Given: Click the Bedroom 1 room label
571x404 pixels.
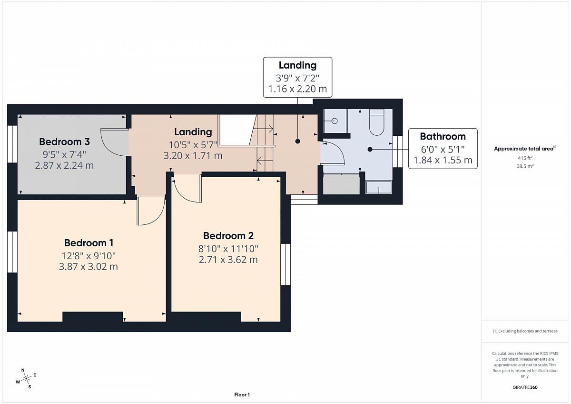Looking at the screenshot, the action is pos(89,242).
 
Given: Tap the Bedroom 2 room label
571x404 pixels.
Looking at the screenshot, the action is pos(228,235).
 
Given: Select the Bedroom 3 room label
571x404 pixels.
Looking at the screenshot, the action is pos(64,141).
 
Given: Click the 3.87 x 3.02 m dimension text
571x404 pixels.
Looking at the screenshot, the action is pos(89,267).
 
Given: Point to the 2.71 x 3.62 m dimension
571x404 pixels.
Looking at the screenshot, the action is pos(228,260).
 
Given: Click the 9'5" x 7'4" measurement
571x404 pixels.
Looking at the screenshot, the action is pos(64,154).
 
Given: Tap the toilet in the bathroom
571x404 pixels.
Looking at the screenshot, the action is pos(377,122).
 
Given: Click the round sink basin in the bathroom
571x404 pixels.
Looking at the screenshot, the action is pos(335,121).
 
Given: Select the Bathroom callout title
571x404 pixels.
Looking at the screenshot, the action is pos(443,137).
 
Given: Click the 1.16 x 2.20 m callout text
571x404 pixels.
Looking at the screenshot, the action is pos(297,89).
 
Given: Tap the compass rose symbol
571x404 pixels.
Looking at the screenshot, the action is pos(26,378).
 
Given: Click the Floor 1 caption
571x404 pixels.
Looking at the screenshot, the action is pos(242,394).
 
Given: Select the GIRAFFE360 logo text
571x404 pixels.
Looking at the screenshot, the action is pos(525,387).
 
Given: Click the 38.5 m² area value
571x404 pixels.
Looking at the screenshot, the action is pos(525,166).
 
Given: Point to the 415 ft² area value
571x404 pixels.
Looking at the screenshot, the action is pos(525,158).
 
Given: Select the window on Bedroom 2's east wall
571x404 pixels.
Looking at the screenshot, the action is pos(285,264).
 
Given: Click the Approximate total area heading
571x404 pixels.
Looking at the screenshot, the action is pos(525,149).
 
